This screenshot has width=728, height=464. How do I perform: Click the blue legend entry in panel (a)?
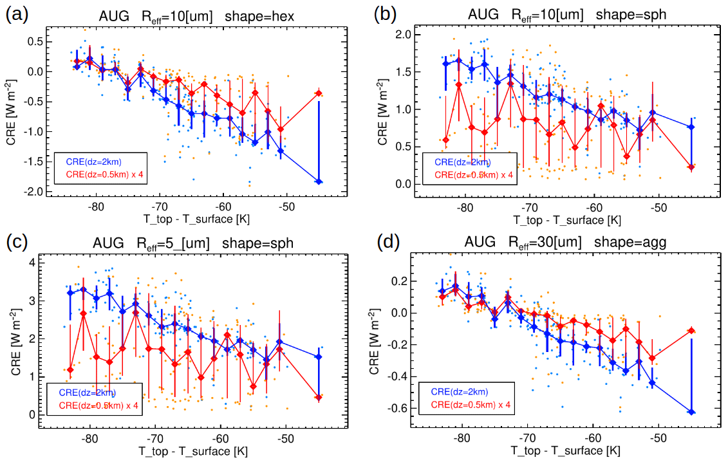click(x=93, y=162)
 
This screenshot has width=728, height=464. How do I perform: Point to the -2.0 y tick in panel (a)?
click(x=29, y=192)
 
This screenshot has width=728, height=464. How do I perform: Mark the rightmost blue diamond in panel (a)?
click(x=319, y=182)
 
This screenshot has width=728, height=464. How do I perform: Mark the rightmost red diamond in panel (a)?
click(x=319, y=93)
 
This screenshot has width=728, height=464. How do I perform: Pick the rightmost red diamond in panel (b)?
click(x=691, y=167)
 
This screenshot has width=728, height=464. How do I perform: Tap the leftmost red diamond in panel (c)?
click(x=70, y=370)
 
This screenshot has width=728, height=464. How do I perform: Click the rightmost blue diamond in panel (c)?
click(x=319, y=357)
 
